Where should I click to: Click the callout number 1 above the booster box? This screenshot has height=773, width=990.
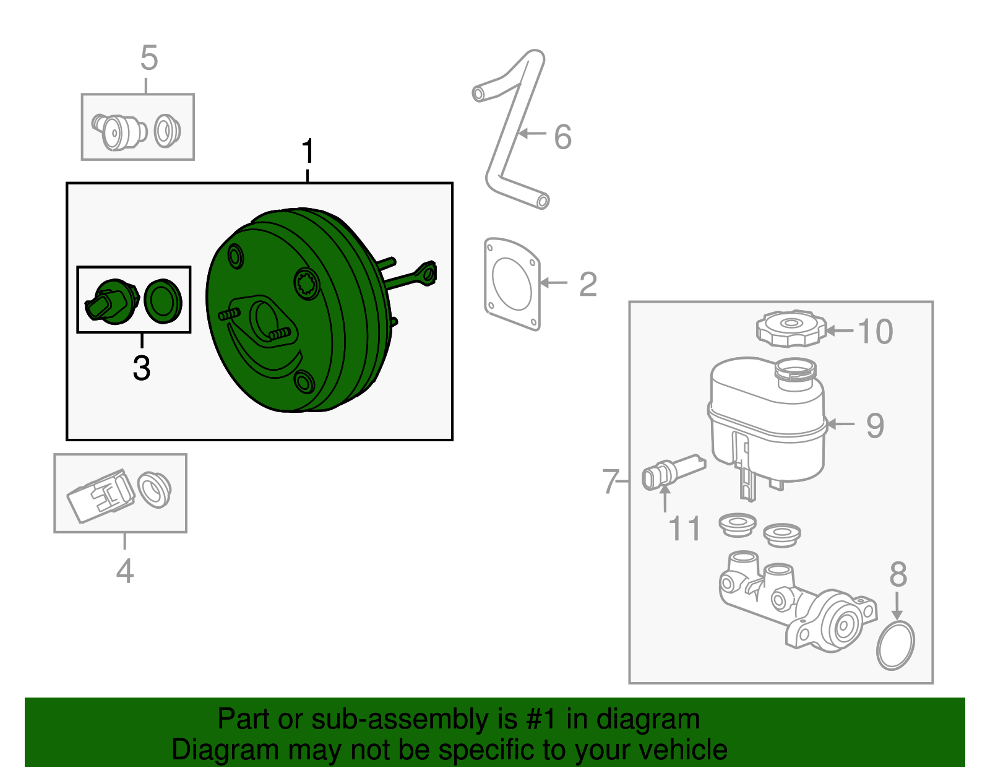click(308, 152)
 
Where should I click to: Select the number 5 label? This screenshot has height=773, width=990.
click(149, 58)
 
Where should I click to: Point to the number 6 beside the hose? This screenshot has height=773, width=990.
click(562, 137)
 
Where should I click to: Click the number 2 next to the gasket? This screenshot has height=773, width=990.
click(588, 284)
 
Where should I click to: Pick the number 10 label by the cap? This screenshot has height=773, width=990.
click(875, 331)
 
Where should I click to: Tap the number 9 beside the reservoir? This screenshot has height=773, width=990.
click(875, 425)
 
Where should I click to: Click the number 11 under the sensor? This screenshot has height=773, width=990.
click(684, 529)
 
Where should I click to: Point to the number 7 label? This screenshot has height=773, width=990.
click(611, 482)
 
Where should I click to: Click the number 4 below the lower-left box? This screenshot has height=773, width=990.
click(125, 571)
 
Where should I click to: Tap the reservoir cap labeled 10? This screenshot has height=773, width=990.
click(791, 328)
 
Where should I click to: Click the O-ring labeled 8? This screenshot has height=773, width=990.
click(895, 646)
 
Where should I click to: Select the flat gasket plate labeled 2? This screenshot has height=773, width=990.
click(512, 283)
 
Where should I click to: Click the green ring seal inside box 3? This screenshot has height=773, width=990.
click(163, 300)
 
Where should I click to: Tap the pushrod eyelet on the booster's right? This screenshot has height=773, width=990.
click(427, 273)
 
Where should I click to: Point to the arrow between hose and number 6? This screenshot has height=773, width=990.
click(532, 133)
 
